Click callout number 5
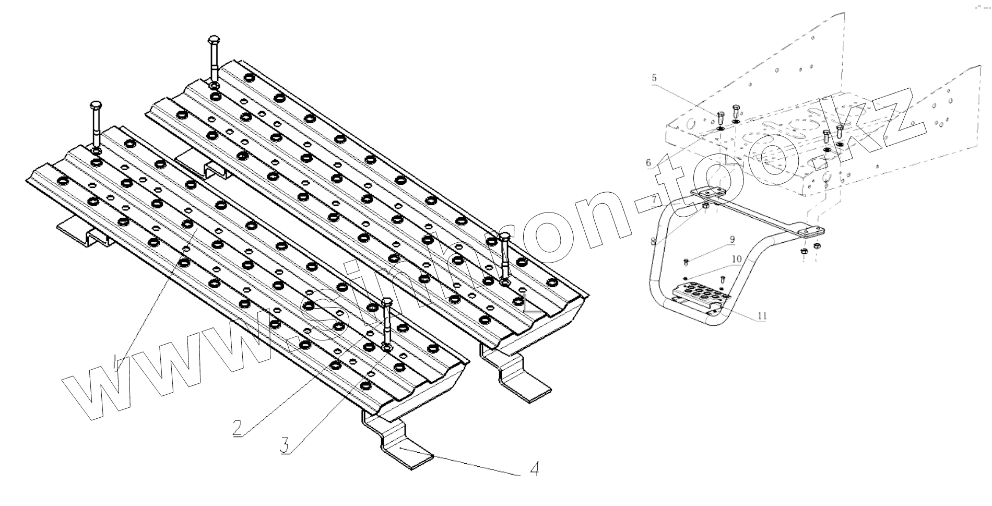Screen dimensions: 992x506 [654, 78]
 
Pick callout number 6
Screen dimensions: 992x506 [648, 162]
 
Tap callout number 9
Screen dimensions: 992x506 [733, 240]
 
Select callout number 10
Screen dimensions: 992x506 [736, 258]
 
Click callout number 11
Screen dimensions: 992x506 [762, 315]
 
